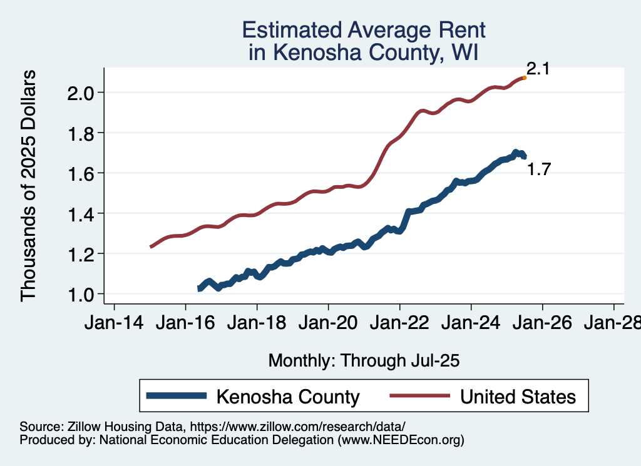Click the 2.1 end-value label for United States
pyautogui.click(x=538, y=69)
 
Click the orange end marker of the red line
pyautogui.click(x=524, y=78)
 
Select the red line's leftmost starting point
pyautogui.click(x=150, y=247)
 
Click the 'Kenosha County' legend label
pyautogui.click(x=288, y=397)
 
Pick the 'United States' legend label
pyautogui.click(x=518, y=397)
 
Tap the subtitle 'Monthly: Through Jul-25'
pyautogui.click(x=364, y=361)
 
